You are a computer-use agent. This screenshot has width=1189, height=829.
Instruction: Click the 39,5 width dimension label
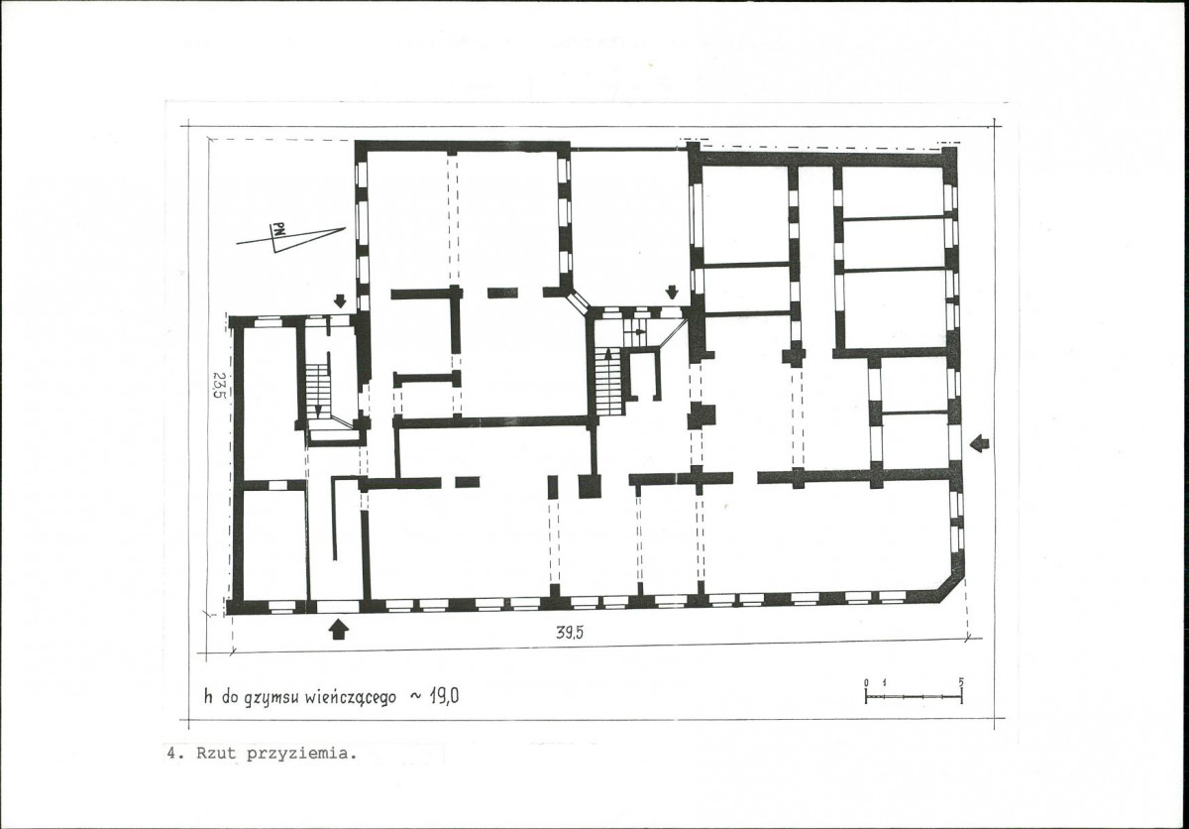point(570,633)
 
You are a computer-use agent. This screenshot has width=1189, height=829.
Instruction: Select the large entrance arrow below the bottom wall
point(339,630)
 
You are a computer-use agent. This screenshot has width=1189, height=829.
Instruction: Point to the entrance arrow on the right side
point(980,443)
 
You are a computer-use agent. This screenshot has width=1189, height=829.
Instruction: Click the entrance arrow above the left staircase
point(340,301)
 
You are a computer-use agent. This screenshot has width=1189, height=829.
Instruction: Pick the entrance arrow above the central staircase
point(672,292)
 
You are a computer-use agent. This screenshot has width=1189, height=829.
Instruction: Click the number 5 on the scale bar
point(961,682)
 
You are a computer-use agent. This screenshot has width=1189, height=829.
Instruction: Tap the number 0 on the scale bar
point(866,682)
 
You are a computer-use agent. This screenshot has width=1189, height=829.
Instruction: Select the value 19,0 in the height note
point(444,696)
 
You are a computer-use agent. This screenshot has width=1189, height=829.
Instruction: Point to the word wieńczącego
point(351,698)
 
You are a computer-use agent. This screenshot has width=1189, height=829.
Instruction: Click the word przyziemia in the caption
point(300,754)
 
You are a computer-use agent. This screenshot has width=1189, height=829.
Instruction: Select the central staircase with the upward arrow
point(609,382)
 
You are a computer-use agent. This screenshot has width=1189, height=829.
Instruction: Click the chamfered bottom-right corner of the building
point(950,589)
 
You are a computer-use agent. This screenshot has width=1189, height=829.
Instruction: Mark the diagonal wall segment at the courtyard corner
point(577,301)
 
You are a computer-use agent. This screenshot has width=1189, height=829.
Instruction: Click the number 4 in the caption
point(171,753)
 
